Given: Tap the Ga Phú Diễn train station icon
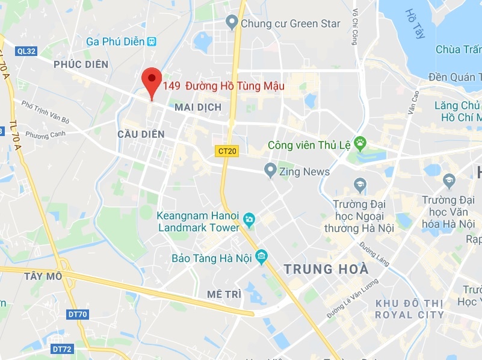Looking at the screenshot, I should [152, 42].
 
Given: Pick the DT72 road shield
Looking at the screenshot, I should [62, 349].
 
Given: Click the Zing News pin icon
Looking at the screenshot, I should [270, 170].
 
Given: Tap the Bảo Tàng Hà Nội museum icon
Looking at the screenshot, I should [261, 258].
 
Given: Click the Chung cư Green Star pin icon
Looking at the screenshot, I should [232, 23].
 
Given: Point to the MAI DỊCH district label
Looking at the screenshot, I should [197, 107].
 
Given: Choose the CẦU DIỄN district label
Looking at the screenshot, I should [141, 134].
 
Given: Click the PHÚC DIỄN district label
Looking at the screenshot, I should [81, 64].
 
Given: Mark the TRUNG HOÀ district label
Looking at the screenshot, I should [326, 269].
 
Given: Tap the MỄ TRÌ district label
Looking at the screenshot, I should [224, 294].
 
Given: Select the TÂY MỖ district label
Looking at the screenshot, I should [43, 276].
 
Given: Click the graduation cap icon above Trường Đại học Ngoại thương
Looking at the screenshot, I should [360, 184].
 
